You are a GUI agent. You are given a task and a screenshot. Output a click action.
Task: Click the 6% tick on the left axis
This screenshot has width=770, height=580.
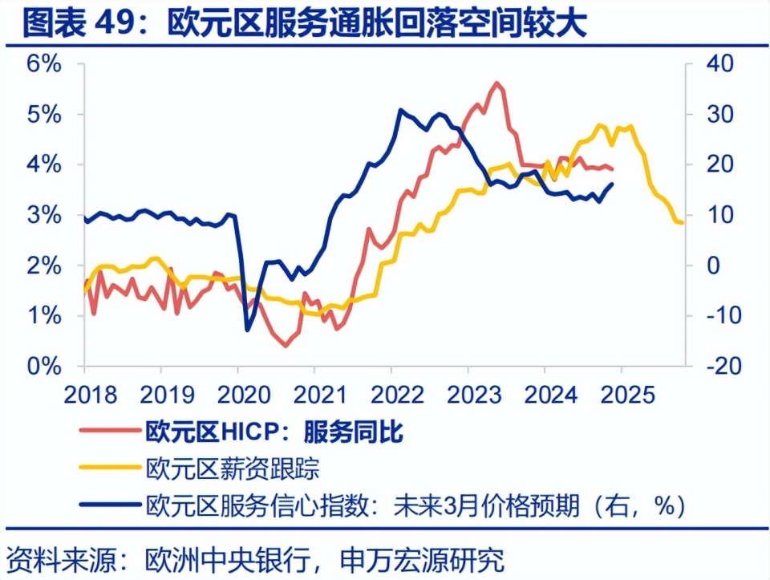pyautogui.click(x=43, y=64)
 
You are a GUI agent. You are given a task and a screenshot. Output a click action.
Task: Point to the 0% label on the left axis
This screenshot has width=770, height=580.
pyautogui.click(x=43, y=367)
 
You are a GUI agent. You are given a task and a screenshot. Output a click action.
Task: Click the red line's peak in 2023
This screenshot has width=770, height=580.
pyautogui.click(x=497, y=83)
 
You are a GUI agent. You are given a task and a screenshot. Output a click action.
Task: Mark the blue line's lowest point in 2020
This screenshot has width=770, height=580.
pyautogui.click(x=247, y=330)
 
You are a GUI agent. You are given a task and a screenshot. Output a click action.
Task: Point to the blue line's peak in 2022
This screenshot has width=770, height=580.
pyautogui.click(x=400, y=110)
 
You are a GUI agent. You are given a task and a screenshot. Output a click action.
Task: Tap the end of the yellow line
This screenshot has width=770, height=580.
pyautogui.click(x=683, y=222)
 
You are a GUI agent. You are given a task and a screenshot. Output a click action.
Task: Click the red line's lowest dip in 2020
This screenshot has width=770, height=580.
pyautogui.click(x=286, y=346)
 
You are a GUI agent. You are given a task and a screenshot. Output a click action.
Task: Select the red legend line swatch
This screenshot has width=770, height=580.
pyautogui.click(x=108, y=433)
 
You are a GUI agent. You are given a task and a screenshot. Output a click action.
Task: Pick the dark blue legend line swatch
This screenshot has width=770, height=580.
pyautogui.click(x=108, y=505)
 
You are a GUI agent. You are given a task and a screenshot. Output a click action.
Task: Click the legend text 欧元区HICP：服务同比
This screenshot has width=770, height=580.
pyautogui.click(x=274, y=433)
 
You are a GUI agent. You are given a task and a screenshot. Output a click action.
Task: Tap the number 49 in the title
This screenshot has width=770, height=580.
pyautogui.click(x=118, y=24)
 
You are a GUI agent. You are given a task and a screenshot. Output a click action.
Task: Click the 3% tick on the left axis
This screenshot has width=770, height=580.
pyautogui.click(x=43, y=216)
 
